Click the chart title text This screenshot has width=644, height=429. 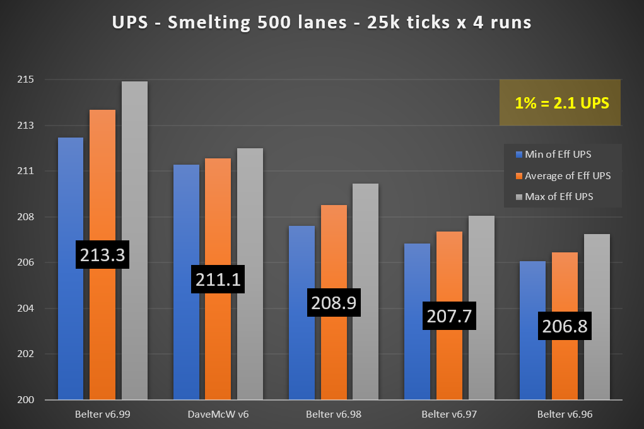click(322, 23)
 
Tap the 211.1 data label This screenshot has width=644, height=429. click(216, 279)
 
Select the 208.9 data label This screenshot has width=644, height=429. click(334, 303)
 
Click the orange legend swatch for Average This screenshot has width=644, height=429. click(519, 176)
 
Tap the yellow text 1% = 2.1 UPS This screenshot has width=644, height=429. click(560, 103)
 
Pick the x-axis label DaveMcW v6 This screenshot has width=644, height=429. click(218, 414)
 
